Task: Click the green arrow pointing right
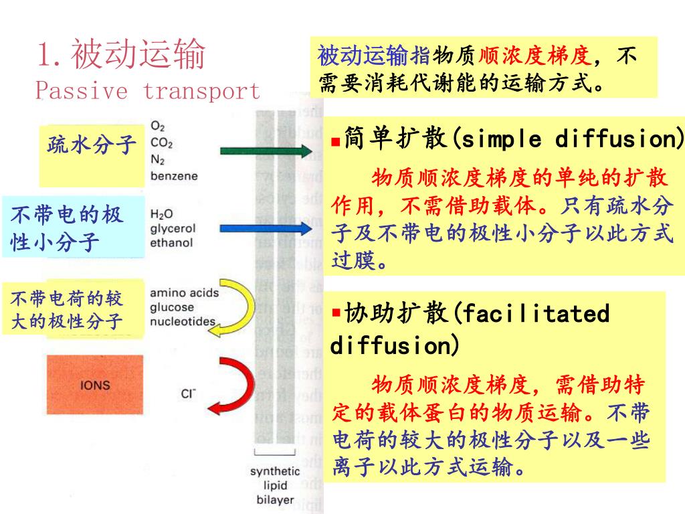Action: point(265,151)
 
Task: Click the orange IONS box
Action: point(94,385)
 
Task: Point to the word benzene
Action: point(174,176)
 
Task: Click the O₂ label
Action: point(158,126)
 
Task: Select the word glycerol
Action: point(173,228)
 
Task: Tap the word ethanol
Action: point(171,242)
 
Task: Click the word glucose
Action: point(172,307)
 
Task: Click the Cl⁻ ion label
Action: point(188,394)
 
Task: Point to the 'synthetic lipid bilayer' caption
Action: point(275,486)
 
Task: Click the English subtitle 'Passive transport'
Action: point(147,90)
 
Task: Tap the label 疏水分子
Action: point(92,144)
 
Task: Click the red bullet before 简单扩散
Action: point(336,142)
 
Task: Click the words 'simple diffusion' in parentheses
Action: point(568,140)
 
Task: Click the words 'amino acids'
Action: point(184,293)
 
